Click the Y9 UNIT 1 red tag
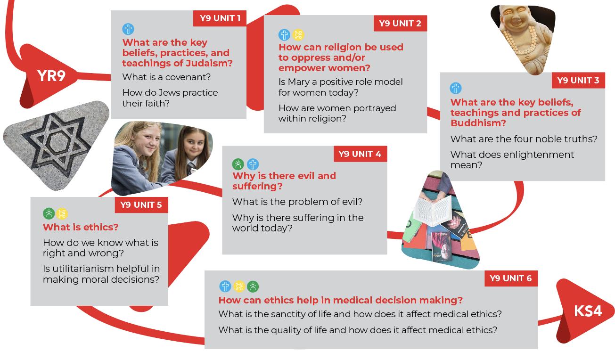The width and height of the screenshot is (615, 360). point(220,18)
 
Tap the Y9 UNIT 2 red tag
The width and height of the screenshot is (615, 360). point(400,24)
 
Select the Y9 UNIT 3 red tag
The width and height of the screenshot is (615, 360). point(578,80)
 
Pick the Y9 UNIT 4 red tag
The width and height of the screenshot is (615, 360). point(360,154)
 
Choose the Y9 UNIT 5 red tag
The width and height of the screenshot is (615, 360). point(141,205)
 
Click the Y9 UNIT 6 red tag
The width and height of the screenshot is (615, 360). point(510,278)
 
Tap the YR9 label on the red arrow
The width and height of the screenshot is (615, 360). point(51,75)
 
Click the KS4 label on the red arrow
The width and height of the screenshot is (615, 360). point(587,311)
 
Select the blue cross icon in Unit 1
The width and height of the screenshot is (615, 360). point(128,29)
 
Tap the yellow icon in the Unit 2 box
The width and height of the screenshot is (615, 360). point(298,35)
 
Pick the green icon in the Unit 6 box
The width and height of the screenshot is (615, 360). point(253,286)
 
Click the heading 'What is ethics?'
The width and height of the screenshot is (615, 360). point(81,227)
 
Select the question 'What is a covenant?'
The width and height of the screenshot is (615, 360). point(166,76)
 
